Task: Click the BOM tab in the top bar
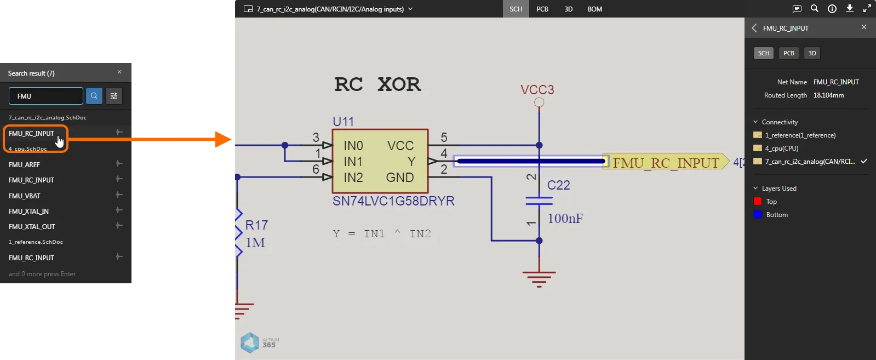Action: click(594, 9)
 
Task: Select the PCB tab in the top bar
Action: click(542, 9)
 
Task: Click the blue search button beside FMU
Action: click(94, 96)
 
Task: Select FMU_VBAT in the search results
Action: click(25, 196)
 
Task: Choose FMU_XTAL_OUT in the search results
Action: click(32, 226)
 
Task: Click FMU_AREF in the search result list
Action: click(25, 164)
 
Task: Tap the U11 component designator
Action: click(343, 122)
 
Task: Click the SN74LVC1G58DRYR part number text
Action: click(393, 201)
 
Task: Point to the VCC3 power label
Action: click(537, 90)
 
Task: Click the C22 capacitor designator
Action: click(558, 185)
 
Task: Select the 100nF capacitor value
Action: click(565, 219)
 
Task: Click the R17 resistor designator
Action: click(256, 225)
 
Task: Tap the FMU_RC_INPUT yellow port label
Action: click(665, 163)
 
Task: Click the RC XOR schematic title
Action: click(377, 84)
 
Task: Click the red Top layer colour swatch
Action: click(758, 202)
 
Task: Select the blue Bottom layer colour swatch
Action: click(758, 215)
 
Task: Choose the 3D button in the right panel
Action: click(812, 53)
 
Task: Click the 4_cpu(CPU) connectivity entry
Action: click(782, 148)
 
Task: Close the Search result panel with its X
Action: click(119, 72)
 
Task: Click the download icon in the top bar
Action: click(850, 9)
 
